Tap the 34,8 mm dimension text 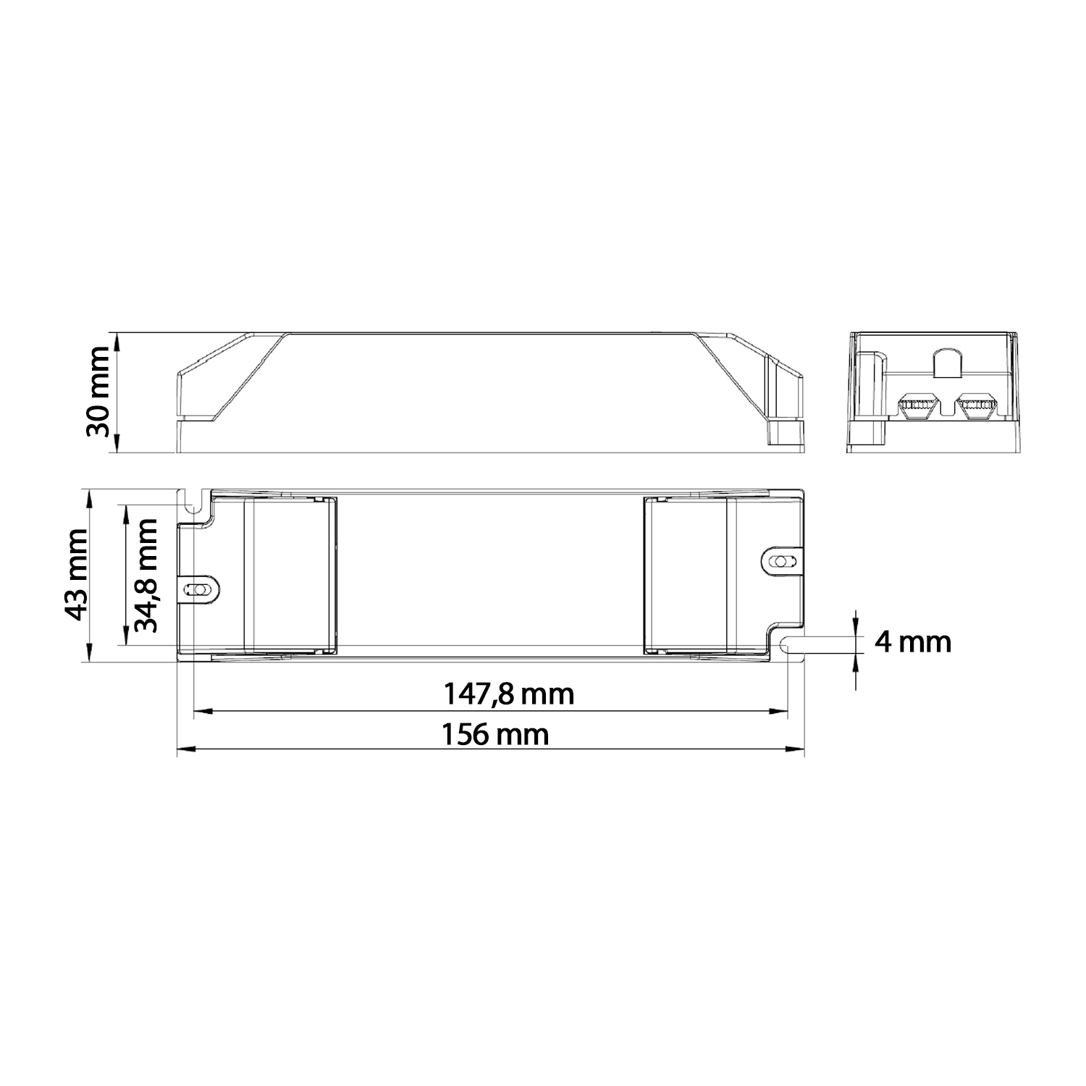[147, 576]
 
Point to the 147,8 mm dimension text [509, 694]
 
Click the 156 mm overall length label [495, 735]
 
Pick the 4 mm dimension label [912, 641]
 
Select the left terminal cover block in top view [290, 575]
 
